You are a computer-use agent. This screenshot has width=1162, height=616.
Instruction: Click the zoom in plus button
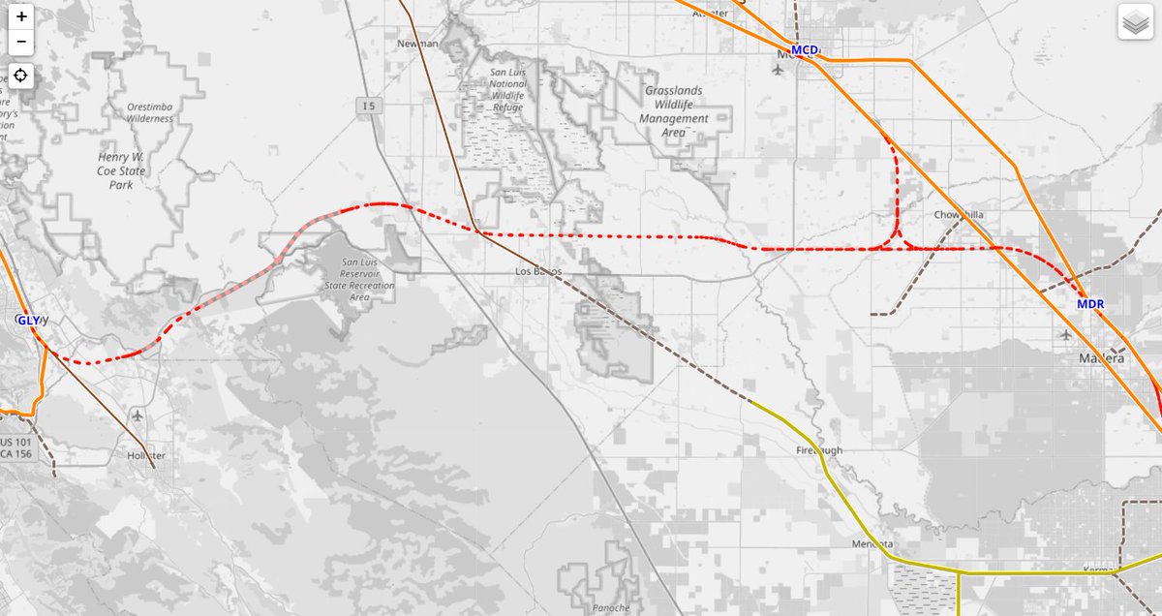21,16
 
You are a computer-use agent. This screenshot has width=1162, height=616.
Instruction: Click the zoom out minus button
21,43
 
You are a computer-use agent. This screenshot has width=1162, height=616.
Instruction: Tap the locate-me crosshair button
21,77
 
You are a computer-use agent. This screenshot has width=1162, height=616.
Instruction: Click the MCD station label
805,49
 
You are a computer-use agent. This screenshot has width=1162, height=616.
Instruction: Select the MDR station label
1089,304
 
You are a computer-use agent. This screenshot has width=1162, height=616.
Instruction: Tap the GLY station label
29,320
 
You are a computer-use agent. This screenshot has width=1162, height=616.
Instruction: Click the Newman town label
418,44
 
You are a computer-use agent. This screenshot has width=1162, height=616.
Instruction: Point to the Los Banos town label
537,271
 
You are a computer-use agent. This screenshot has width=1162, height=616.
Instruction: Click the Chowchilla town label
959,215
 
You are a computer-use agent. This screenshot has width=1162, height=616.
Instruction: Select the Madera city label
1102,358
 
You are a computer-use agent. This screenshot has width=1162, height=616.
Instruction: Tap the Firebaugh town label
819,450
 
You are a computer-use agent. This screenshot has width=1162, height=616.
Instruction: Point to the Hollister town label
147,454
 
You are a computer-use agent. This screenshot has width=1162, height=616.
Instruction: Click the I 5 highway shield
366,105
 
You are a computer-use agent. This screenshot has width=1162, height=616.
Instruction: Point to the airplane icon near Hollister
138,416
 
